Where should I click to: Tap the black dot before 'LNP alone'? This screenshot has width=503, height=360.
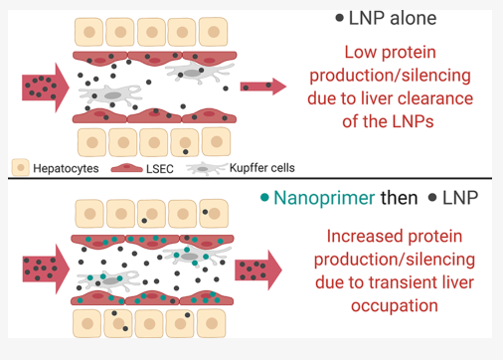[340, 19]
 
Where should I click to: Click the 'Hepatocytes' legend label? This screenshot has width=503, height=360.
[66, 168]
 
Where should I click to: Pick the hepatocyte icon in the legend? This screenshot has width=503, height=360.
[20, 167]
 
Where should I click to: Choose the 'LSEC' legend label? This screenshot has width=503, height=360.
[159, 168]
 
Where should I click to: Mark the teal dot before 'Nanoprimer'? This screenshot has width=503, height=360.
[263, 197]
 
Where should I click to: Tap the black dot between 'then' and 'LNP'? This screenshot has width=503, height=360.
[431, 197]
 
